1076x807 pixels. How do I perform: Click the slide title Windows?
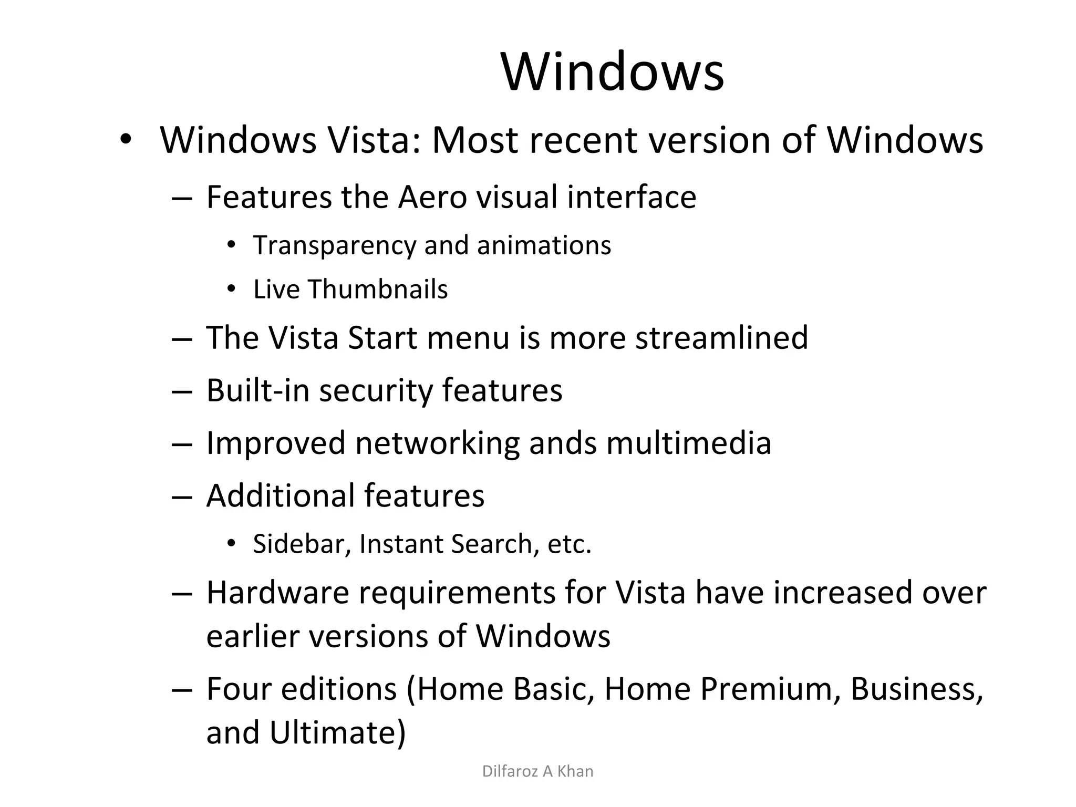[613, 71]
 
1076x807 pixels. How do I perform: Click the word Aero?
[432, 198]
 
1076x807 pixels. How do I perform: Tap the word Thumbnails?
[377, 289]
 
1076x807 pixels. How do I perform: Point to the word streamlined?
[721, 337]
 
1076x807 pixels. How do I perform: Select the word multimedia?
[689, 443]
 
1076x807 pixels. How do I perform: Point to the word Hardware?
[277, 593]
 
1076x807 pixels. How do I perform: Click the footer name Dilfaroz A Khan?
[537, 771]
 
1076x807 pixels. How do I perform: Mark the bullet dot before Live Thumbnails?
[231, 289]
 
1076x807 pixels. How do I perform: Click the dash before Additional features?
[181, 496]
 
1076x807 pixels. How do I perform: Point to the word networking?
[437, 443]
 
